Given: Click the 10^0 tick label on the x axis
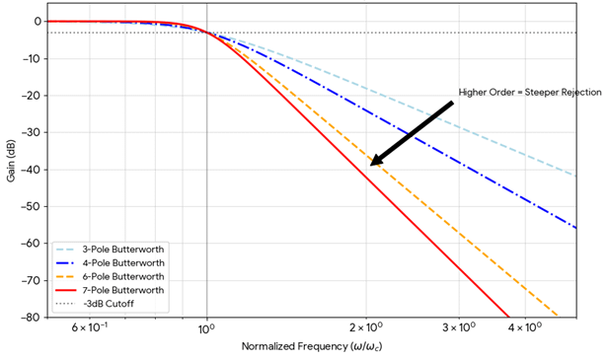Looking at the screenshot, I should click(206, 327).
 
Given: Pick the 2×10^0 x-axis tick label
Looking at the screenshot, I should click(366, 327).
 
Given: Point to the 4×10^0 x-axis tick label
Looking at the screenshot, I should click(525, 327).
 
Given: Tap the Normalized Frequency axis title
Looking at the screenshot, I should click(311, 347).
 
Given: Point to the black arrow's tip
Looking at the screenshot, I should click(372, 164).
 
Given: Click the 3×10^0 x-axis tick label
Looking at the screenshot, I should click(459, 327).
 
